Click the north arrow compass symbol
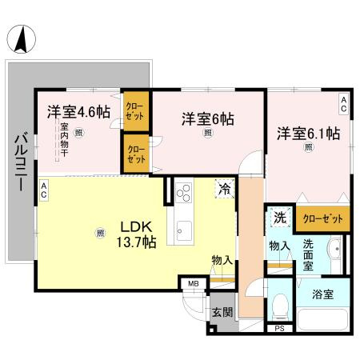pos(21,39)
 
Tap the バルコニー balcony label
pos(21,163)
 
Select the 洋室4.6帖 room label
pos(78,112)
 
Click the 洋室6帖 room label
pos(208,119)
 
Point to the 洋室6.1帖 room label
pos(309,134)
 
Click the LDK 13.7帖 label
pos(136,234)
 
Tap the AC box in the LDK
pos(44,190)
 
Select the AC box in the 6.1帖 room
pos(344,104)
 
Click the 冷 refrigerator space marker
pos(225,189)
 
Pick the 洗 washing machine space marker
pos(281,218)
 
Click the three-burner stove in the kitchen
pos(184,193)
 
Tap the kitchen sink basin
pos(184,231)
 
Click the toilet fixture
pos(280,307)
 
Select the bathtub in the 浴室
pos(323,319)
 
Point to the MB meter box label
pos(194,284)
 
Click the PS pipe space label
pos(279,329)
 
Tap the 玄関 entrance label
pos(222,312)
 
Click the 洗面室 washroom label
pos(308,255)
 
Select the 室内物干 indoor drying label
pos(64,139)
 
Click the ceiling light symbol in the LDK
pos(100,233)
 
